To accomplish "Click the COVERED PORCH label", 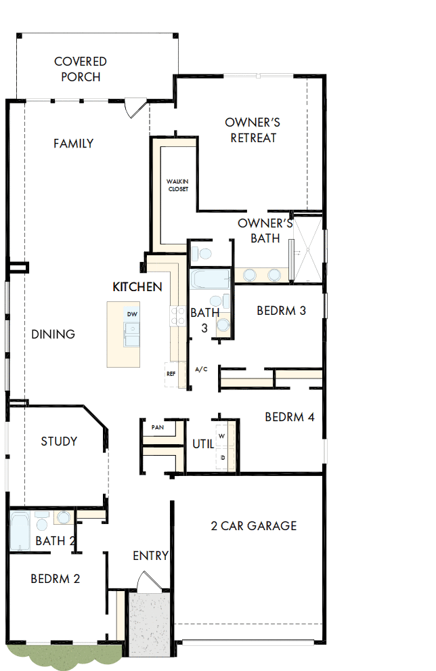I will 81,69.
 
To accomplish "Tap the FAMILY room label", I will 73,144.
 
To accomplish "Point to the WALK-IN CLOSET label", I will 178,185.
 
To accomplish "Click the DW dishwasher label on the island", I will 132,315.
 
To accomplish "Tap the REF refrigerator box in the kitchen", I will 171,373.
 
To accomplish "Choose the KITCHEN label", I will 137,286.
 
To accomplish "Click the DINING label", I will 53,334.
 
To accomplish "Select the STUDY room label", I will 59,441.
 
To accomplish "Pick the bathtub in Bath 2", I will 20,532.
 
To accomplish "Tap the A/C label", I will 201,370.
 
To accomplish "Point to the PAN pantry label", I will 158,427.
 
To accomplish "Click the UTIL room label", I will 203,445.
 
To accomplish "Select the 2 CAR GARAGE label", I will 254,525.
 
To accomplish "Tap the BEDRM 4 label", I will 289,417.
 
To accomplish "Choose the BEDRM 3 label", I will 282,311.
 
